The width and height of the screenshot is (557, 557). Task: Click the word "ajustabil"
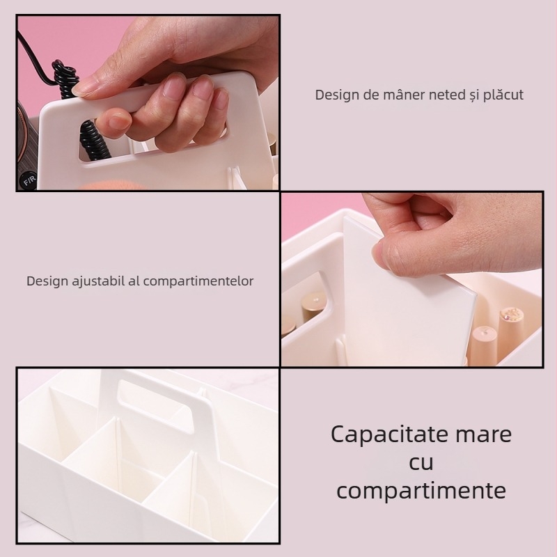click(97, 281)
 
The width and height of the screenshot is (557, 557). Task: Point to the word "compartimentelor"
click(197, 281)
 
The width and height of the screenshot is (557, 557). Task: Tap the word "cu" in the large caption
click(421, 462)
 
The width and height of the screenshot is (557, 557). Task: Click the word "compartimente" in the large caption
click(421, 490)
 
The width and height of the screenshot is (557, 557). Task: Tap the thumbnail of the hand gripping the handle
click(148, 102)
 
